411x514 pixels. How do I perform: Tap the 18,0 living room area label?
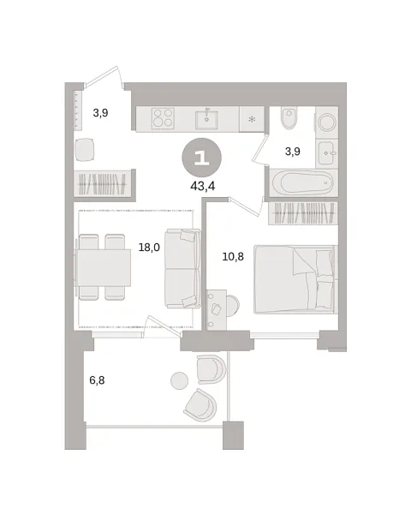[x=150, y=247]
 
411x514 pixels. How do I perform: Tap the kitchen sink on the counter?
[x=206, y=118]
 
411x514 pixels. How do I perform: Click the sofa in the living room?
[x=182, y=268]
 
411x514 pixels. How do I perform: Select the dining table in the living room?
[x=104, y=267]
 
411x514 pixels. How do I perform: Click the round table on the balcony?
[x=180, y=380]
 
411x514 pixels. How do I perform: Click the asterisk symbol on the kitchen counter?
[x=252, y=119]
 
